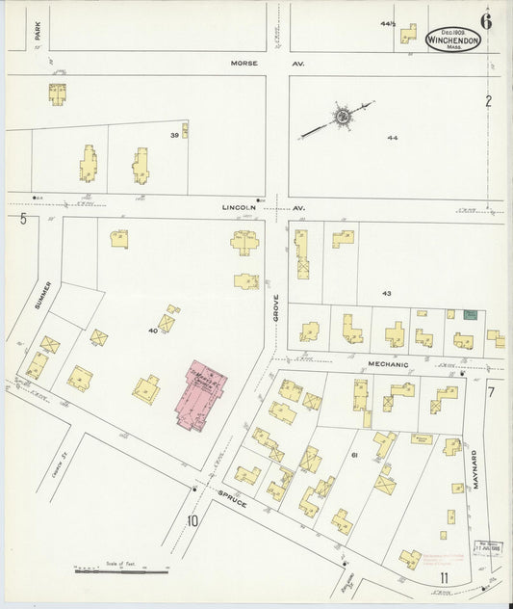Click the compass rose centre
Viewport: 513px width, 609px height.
tap(342, 118)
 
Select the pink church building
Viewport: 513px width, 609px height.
tap(201, 394)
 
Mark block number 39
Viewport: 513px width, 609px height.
tap(174, 135)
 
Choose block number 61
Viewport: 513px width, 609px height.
tap(354, 453)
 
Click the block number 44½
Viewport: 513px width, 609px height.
tap(387, 22)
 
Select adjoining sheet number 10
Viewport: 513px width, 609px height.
tap(193, 521)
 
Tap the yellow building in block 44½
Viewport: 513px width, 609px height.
tap(408, 34)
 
